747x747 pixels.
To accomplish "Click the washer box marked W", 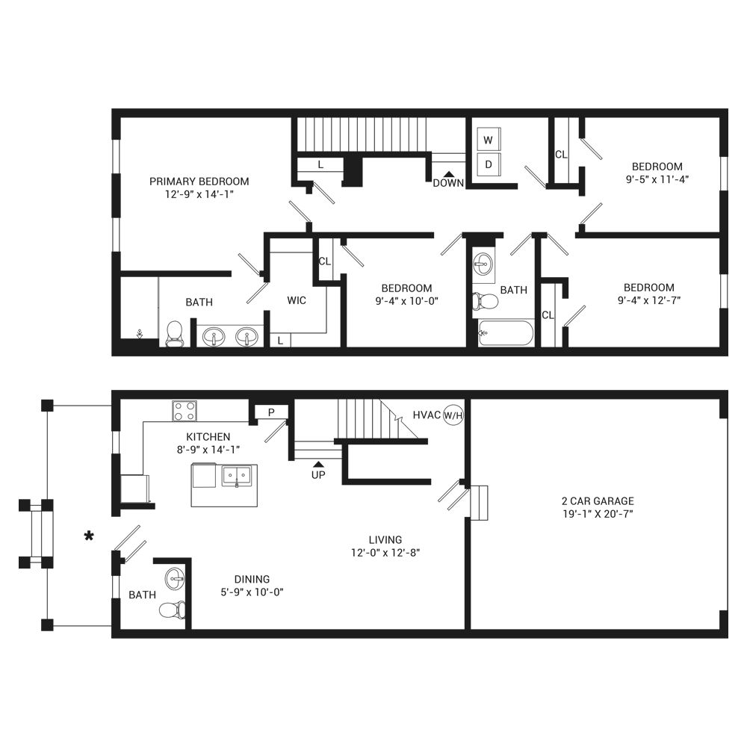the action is coord(489,140).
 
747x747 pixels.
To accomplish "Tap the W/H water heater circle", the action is coord(453,415).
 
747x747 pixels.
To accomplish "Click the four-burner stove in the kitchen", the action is coord(185,411).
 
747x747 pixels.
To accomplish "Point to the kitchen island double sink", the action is coord(237,476).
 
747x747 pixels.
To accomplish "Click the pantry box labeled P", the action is coord(271,412).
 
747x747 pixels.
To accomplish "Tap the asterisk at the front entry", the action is coord(89,536).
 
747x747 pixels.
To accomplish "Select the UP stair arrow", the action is coord(318,464).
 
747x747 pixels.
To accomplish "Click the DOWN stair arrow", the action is coord(448,174).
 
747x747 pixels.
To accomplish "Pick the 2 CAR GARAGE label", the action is coord(598,500).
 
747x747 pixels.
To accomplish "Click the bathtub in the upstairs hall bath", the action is coord(506,332).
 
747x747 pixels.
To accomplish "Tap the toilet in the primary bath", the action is coord(174,333).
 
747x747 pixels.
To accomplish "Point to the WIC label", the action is coord(297,300).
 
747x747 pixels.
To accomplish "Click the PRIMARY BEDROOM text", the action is coord(199,182).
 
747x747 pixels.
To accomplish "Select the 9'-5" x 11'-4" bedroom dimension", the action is coord(657,179).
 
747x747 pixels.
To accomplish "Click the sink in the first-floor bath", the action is coord(175,580).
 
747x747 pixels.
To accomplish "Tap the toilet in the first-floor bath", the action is coord(172,610).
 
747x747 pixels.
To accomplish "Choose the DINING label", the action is coord(252,580).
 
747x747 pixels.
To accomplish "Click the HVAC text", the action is coord(427,415).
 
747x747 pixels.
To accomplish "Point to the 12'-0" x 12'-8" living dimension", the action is coord(385,553).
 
